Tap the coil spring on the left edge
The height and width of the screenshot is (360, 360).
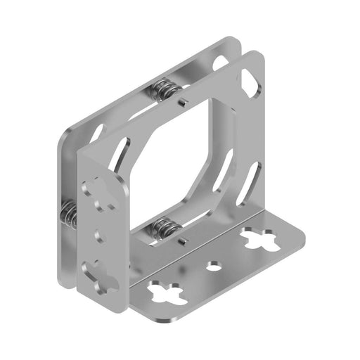(x=69, y=212)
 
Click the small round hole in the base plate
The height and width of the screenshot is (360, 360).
(x=214, y=266)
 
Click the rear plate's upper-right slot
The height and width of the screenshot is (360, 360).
(x=224, y=65)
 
